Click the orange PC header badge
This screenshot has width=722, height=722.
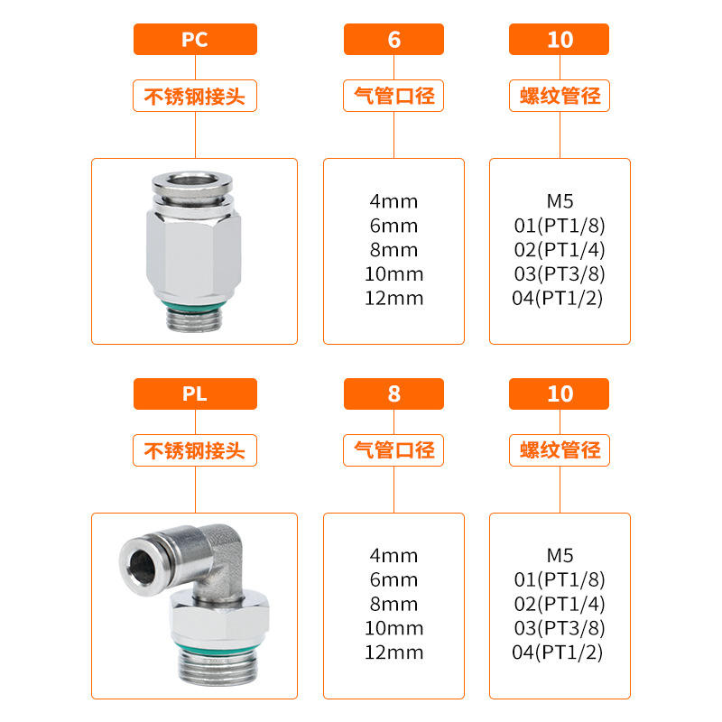pyautogui.click(x=195, y=39)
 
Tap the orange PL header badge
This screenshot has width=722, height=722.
pyautogui.click(x=195, y=393)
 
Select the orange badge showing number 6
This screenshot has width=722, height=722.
pyautogui.click(x=393, y=39)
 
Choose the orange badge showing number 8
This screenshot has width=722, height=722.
pyautogui.click(x=393, y=393)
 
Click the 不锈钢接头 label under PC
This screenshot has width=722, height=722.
pyautogui.click(x=195, y=96)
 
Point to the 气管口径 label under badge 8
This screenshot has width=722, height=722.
pyautogui.click(x=393, y=450)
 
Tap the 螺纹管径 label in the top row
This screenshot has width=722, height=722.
pyautogui.click(x=560, y=96)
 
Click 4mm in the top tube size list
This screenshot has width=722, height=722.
pyautogui.click(x=393, y=201)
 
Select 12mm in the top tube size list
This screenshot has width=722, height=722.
pyautogui.click(x=393, y=298)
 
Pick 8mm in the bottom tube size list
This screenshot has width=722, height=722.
pyautogui.click(x=393, y=604)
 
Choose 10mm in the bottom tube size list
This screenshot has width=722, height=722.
pyautogui.click(x=393, y=628)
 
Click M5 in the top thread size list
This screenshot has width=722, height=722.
pyautogui.click(x=560, y=201)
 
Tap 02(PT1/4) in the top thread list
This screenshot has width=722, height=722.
pyautogui.click(x=560, y=250)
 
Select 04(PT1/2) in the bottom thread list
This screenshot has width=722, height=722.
pyautogui.click(x=558, y=652)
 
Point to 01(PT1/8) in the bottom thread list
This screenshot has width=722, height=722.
pyautogui.click(x=560, y=579)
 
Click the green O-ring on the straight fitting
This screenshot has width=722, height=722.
pyautogui.click(x=194, y=307)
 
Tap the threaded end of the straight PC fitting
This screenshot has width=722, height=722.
pyautogui.click(x=194, y=320)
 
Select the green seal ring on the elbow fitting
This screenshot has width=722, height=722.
pyautogui.click(x=218, y=649)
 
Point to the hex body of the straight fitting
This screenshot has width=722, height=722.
pyautogui.click(x=194, y=255)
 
